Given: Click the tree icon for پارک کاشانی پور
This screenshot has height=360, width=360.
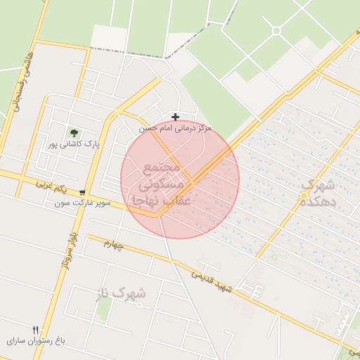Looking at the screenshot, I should (x=73, y=132).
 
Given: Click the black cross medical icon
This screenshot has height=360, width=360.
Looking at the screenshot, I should (x=175, y=117).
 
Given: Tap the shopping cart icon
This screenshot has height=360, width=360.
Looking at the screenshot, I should (x=83, y=192).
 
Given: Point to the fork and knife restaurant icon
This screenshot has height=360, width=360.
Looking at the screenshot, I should (x=35, y=329).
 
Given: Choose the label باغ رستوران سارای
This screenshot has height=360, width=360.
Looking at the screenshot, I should (x=36, y=340).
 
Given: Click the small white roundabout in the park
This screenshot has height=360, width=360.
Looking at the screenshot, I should (x=276, y=30).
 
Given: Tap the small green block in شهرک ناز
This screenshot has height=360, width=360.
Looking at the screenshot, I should (x=104, y=310).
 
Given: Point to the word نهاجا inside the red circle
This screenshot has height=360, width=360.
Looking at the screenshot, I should (x=143, y=201).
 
